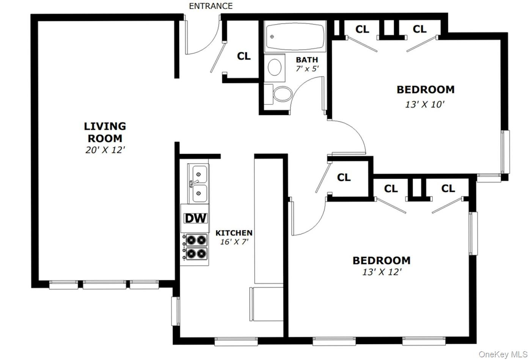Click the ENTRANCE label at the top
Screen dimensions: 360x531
pos(211,6)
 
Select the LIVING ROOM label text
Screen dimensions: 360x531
pos(105,132)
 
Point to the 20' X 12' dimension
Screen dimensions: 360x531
pos(105,150)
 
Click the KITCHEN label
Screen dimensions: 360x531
pos(234,233)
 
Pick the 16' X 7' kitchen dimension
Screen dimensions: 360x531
pos(234,242)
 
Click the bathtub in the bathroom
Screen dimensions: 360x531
pos(295,37)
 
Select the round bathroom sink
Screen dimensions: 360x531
pos(275,68)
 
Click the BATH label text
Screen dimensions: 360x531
pos(307,60)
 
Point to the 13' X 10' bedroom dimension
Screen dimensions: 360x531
pos(425,104)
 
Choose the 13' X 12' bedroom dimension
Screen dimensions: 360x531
pos(382,272)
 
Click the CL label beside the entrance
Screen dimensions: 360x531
pos(244,56)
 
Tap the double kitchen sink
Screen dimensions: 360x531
pos(198,184)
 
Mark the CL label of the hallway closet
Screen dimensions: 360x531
pos(344,177)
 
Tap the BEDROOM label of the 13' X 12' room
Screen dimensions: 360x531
pos(381,261)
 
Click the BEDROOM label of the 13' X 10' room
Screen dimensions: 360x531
pos(425,90)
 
